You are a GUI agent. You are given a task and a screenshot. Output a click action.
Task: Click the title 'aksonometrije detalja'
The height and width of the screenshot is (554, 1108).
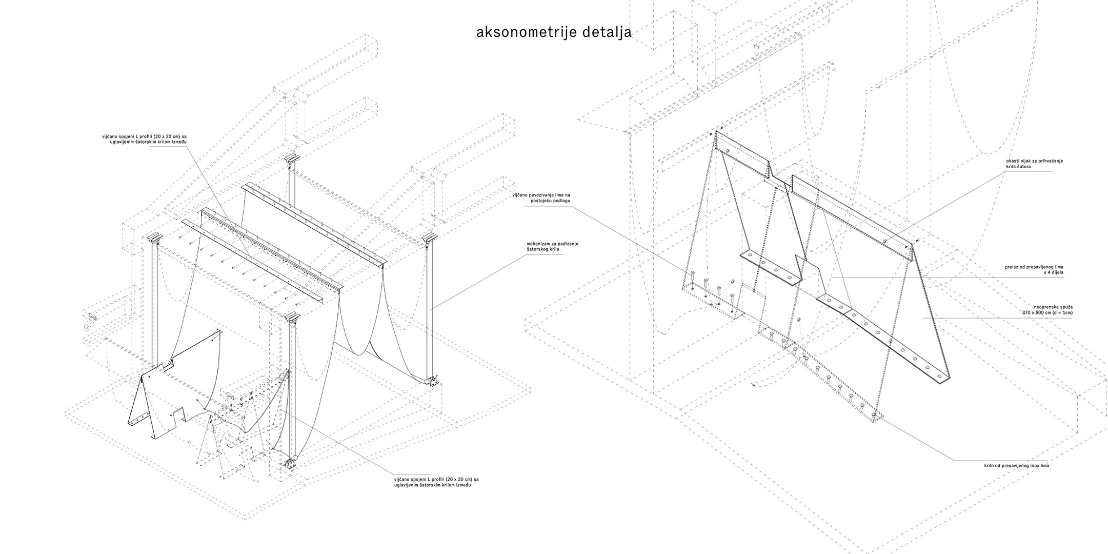click(x=554, y=32)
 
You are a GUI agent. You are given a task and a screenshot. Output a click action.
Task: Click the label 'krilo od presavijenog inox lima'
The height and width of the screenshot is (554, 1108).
click(x=1016, y=465)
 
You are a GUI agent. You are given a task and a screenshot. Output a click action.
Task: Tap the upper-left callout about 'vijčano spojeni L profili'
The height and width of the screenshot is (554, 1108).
click(x=145, y=139)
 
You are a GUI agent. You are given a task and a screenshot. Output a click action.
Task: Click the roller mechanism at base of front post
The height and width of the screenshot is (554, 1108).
click(x=291, y=462)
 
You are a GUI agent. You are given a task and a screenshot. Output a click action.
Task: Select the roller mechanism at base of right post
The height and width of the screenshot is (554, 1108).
click(x=432, y=381)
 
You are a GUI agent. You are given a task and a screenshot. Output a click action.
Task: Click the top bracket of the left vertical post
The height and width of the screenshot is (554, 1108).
click(x=154, y=239)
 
